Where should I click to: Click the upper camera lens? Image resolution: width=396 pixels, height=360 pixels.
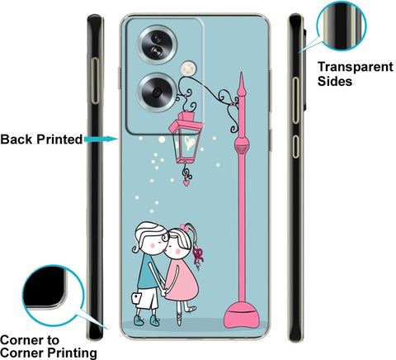157,45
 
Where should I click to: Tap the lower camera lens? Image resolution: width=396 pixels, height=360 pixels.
157,92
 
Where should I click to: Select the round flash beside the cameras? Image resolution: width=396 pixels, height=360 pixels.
188,69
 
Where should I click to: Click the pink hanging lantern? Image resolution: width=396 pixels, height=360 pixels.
186,138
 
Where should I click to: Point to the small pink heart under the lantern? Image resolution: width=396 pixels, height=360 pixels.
186,182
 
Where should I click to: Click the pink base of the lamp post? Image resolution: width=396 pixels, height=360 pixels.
242,315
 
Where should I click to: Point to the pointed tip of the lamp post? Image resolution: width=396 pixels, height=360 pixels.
241,73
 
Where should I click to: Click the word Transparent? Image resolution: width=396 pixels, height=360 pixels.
356,67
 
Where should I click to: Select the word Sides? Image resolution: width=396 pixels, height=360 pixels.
335,81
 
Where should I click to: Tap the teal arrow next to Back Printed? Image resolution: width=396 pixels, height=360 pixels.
101,139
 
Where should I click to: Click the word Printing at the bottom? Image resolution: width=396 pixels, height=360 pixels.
72,353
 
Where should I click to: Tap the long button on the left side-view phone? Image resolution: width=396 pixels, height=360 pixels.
95,81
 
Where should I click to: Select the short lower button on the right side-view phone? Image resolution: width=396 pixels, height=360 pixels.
295,147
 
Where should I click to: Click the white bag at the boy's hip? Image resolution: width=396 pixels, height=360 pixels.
137,298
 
